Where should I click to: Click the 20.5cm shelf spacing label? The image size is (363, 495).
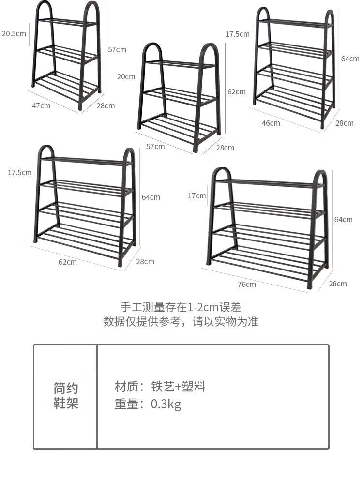14,34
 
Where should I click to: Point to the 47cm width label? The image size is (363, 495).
41,105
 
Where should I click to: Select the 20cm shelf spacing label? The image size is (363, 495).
126,76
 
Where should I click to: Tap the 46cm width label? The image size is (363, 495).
271,123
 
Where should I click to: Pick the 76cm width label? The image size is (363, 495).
247,284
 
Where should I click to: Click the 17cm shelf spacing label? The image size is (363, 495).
197,195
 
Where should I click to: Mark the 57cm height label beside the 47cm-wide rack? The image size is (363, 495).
117,49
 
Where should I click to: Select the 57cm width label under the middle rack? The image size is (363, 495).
156,146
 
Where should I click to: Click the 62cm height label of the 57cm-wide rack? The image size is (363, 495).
237,91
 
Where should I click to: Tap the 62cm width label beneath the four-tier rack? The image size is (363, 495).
68,262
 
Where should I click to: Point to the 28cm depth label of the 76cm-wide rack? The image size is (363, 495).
338,284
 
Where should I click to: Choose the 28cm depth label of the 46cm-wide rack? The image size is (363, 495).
345,123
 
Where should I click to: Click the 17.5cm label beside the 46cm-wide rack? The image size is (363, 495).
238,34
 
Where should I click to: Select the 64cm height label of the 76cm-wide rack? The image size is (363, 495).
344,219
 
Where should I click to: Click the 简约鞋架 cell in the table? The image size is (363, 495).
66,396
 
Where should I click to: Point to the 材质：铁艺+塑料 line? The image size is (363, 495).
160,387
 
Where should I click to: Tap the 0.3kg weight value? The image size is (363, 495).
166,404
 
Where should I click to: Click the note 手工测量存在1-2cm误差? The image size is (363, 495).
181,307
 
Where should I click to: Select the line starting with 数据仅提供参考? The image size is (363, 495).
181,322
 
